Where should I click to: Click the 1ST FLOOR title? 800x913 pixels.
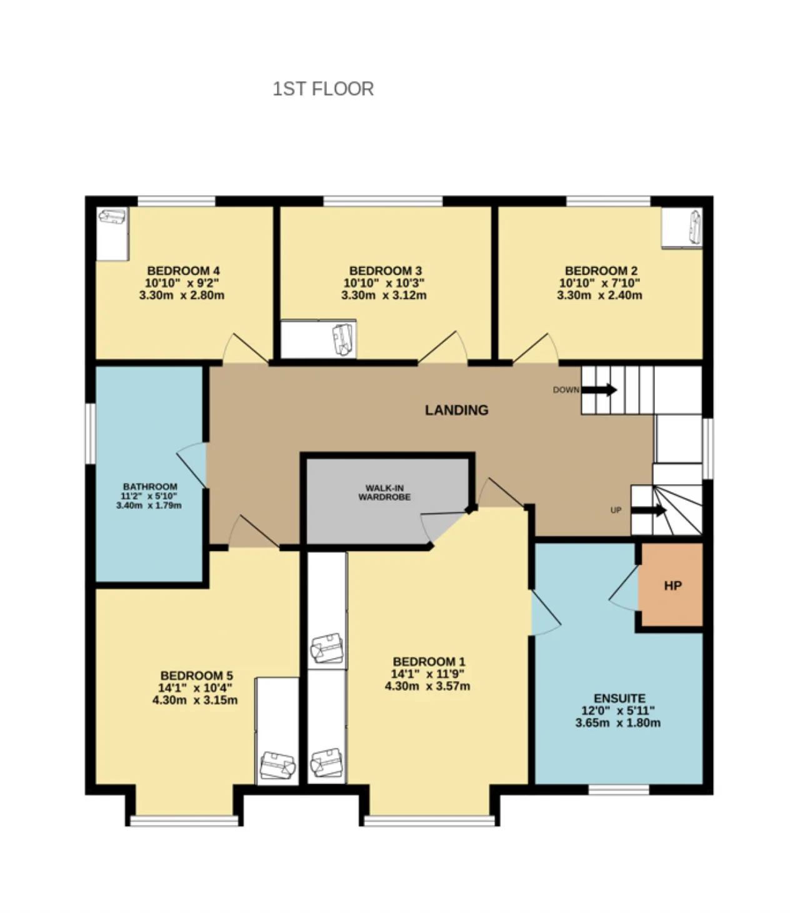coord(323,89)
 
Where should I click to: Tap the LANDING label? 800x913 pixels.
coord(457,410)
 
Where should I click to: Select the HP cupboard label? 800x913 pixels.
coord(673,585)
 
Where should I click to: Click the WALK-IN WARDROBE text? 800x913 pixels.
coord(384,493)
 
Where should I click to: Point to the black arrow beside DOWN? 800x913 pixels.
coord(599,390)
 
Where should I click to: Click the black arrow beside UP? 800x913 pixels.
coord(649,510)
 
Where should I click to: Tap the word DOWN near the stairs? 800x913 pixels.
coord(566,390)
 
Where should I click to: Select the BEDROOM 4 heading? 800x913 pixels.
coord(183,271)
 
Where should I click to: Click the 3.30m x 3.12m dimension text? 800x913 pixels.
coord(384,296)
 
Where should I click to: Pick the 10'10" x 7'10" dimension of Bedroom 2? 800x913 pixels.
coord(599,283)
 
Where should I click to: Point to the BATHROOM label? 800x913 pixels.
coord(150,487)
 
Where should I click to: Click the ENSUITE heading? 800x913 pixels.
coord(619,698)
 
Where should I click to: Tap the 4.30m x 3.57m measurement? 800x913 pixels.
coord(427,686)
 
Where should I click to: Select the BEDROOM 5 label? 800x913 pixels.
coord(196,675)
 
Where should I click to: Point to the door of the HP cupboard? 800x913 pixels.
coord(624,588)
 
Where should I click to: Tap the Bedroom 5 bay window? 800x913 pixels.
coord(184,820)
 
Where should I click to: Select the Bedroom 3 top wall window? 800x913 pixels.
coord(383,201)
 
